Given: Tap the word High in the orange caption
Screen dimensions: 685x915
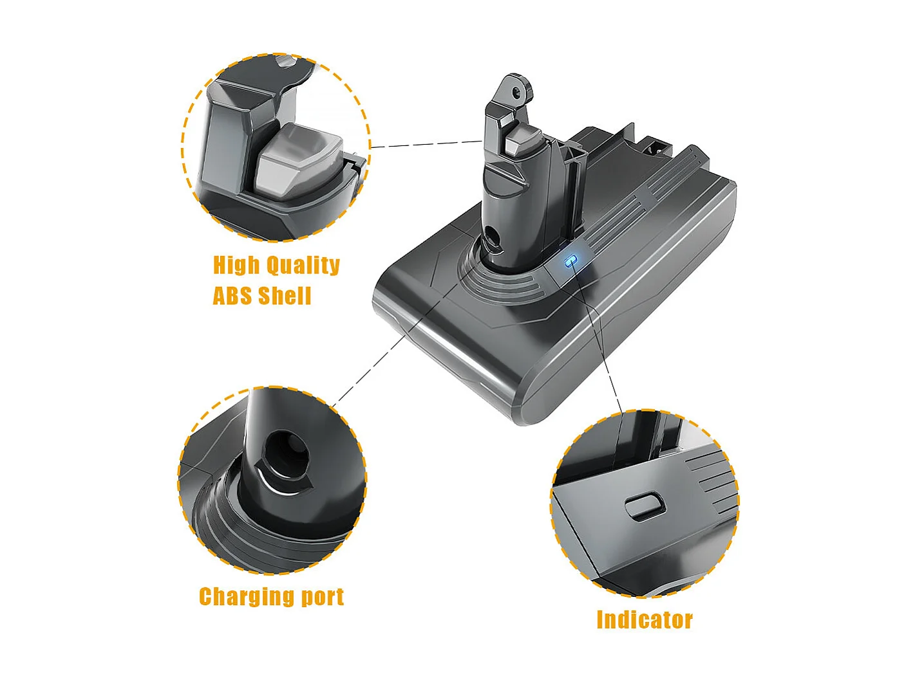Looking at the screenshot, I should pyautogui.click(x=236, y=265).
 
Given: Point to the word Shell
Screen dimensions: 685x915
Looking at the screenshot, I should pyautogui.click(x=285, y=296).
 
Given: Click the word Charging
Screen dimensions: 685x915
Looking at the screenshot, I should pyautogui.click(x=247, y=596).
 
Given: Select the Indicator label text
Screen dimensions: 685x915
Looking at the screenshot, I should pyautogui.click(x=645, y=620).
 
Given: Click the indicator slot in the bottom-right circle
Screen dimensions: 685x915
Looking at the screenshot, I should pyautogui.click(x=644, y=507).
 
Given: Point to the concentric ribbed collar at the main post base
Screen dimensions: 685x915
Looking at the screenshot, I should pyautogui.click(x=509, y=283).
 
